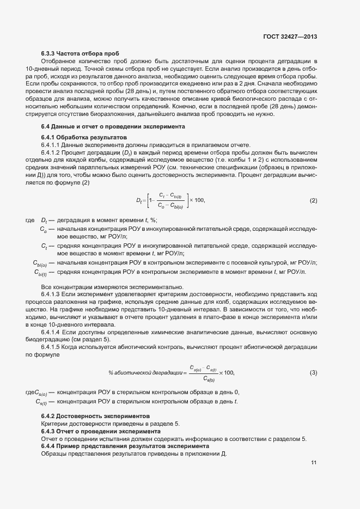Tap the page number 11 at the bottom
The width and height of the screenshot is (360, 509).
(314, 463)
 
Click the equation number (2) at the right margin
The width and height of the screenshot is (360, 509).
(313, 200)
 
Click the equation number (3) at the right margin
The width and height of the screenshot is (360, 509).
(313, 372)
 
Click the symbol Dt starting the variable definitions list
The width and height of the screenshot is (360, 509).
(45, 220)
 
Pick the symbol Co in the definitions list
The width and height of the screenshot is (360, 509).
(44, 230)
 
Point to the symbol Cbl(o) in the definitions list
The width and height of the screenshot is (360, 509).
(40, 263)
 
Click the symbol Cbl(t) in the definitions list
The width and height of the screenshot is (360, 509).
(40, 272)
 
